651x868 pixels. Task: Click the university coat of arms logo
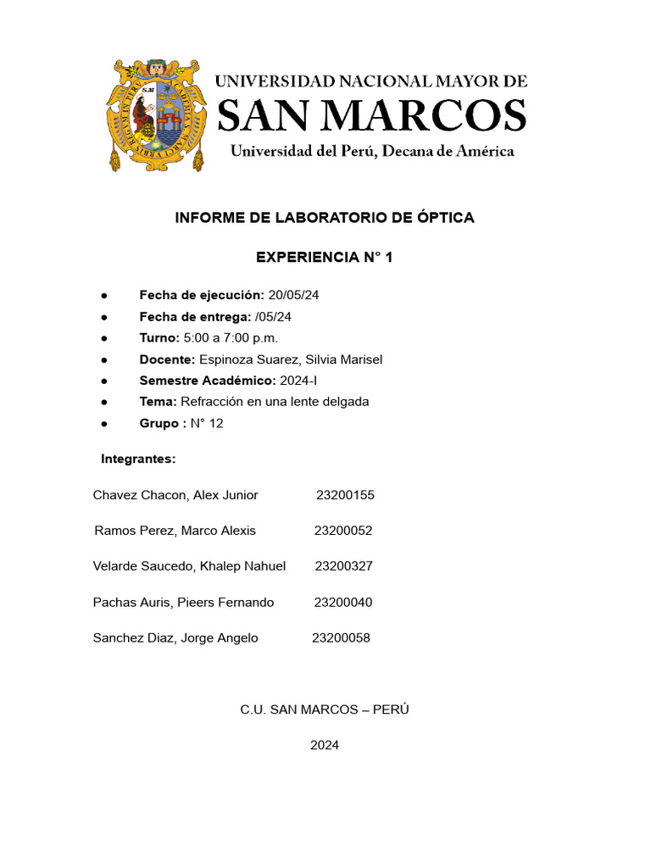(x=158, y=114)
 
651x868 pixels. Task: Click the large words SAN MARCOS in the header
(x=372, y=115)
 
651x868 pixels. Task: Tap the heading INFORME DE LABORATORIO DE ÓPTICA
(x=325, y=218)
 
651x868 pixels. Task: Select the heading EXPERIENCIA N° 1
(x=325, y=258)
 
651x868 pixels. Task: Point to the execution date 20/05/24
(x=293, y=295)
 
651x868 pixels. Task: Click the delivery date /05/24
(x=273, y=316)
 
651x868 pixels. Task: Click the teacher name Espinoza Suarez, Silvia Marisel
(x=291, y=359)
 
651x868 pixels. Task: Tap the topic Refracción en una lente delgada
(x=275, y=402)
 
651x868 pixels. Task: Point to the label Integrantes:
(x=138, y=459)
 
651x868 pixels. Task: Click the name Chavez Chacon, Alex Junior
(x=175, y=495)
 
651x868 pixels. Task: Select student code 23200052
(x=343, y=531)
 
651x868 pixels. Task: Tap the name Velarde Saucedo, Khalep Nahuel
(x=189, y=566)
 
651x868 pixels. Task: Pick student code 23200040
(x=343, y=603)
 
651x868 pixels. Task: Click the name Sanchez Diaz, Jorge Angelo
(x=175, y=638)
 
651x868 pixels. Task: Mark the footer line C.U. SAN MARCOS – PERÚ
(x=325, y=709)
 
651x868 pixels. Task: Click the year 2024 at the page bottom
(x=325, y=746)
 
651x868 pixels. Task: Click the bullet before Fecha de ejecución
(x=103, y=295)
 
